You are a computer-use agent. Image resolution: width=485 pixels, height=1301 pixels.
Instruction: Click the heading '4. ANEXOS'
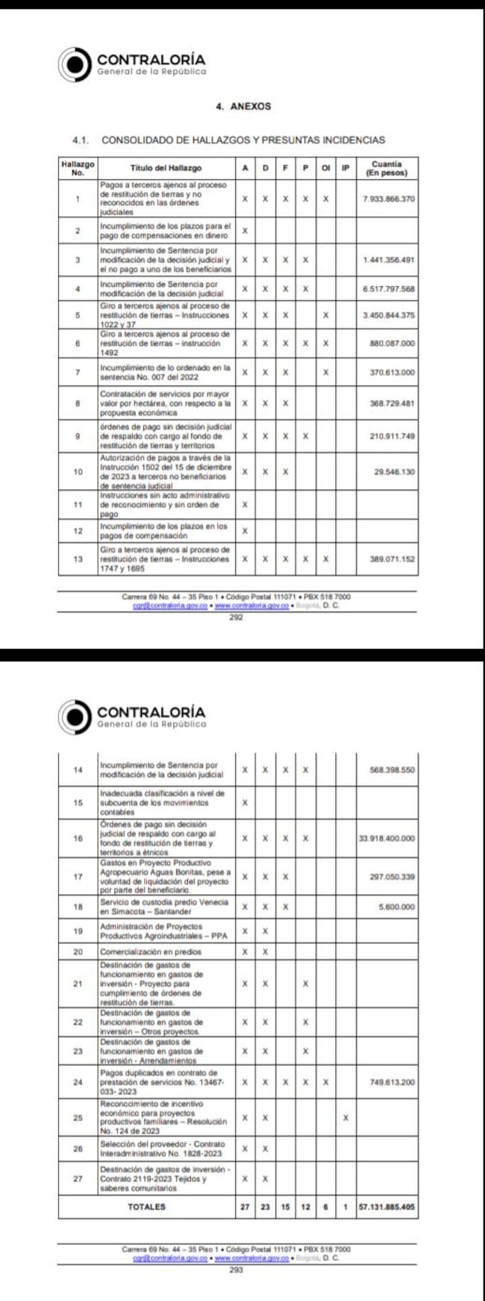[x=243, y=107]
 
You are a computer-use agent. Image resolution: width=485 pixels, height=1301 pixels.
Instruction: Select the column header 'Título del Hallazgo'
[x=166, y=168]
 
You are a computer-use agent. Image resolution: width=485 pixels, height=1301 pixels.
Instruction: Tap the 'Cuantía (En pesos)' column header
[x=387, y=168]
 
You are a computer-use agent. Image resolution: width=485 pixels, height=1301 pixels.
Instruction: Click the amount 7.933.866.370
[x=388, y=199]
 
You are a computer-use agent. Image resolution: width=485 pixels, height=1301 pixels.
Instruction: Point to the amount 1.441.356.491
[x=388, y=260]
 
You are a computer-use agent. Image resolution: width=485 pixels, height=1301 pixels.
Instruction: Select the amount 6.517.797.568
[x=388, y=289]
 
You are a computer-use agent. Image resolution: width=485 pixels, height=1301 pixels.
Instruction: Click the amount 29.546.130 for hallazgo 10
[x=394, y=472]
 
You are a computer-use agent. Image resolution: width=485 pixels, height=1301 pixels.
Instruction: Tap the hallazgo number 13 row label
[x=78, y=559]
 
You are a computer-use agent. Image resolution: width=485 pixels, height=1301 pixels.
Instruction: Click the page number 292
[x=236, y=618]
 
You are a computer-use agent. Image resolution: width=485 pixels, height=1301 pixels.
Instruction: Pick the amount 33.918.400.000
[x=387, y=839]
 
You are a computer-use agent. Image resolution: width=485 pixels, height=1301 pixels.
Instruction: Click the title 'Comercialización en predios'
[x=151, y=952]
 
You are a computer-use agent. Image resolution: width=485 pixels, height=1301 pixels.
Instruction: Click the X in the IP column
[x=345, y=1118]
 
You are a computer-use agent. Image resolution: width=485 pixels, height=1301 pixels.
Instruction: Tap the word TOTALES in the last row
[x=146, y=1207]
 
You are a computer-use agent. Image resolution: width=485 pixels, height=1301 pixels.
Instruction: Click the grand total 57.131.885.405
[x=387, y=1207]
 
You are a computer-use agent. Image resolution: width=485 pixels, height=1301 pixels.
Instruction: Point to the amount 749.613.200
[x=392, y=1081]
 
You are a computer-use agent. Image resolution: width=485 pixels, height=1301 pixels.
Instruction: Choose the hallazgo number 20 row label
[x=78, y=952]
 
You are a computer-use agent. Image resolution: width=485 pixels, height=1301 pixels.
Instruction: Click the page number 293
[x=236, y=1270]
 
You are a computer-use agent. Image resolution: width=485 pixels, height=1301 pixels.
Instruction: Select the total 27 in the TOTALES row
[x=245, y=1207]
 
